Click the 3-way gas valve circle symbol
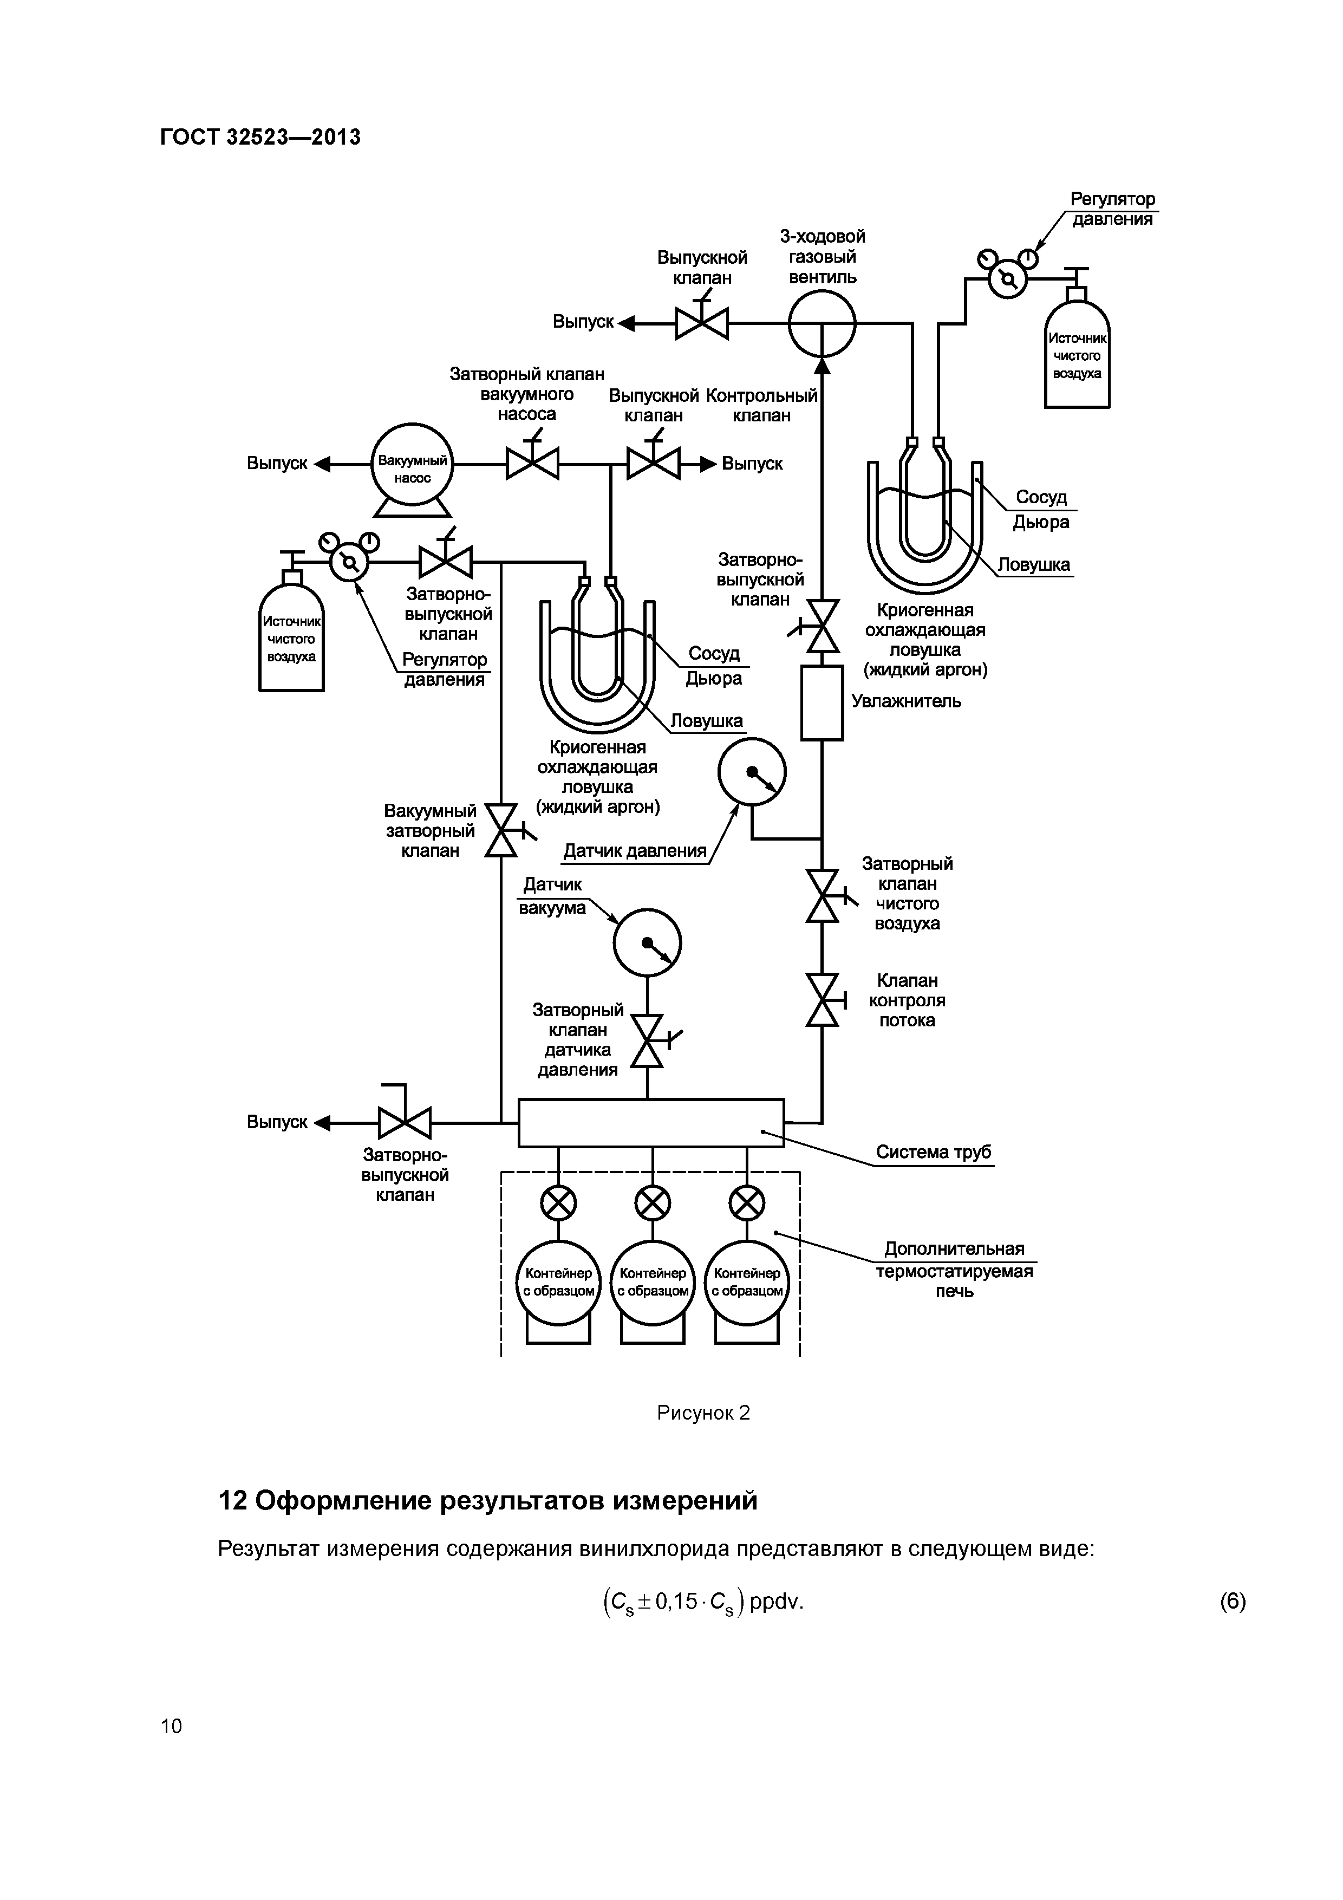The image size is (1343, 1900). pyautogui.click(x=821, y=323)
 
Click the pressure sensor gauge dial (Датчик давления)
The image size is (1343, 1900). pyautogui.click(x=751, y=773)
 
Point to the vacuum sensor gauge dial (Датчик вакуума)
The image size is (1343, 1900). pyautogui.click(x=647, y=942)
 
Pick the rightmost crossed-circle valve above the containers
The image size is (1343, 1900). pyautogui.click(x=746, y=1203)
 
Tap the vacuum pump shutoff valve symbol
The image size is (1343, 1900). pyautogui.click(x=532, y=464)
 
